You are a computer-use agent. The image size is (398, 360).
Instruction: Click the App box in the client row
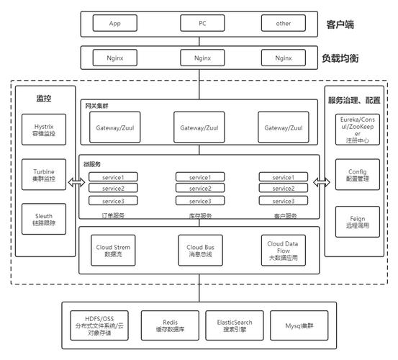tap(115, 23)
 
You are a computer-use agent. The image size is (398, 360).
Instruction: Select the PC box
tap(202, 23)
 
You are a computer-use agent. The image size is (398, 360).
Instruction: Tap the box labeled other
tap(284, 23)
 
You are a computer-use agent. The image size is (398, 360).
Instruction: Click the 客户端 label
tap(340, 24)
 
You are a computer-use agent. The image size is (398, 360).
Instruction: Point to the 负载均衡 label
tap(340, 58)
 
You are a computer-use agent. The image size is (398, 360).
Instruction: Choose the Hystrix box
tap(44, 130)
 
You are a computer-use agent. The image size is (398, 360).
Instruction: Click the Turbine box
tap(44, 175)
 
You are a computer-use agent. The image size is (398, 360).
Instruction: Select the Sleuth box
tap(44, 219)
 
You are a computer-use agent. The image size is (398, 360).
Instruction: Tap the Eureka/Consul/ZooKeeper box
tap(358, 130)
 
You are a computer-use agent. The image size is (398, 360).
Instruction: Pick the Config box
tap(358, 175)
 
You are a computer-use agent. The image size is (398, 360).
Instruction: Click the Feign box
tap(358, 222)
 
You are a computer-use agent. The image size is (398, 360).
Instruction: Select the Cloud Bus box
tap(201, 251)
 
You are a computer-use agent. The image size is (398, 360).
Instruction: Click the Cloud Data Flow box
tap(284, 251)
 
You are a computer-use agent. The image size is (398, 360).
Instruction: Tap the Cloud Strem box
tap(113, 251)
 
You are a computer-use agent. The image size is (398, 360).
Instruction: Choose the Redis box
tap(170, 325)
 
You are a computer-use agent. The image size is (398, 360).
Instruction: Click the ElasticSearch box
tap(235, 325)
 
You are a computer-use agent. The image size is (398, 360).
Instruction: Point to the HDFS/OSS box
tap(99, 325)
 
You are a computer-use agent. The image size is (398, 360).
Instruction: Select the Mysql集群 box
tap(299, 325)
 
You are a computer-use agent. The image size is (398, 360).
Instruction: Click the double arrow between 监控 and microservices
tap(77, 182)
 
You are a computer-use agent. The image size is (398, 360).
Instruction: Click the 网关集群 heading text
tap(96, 106)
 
